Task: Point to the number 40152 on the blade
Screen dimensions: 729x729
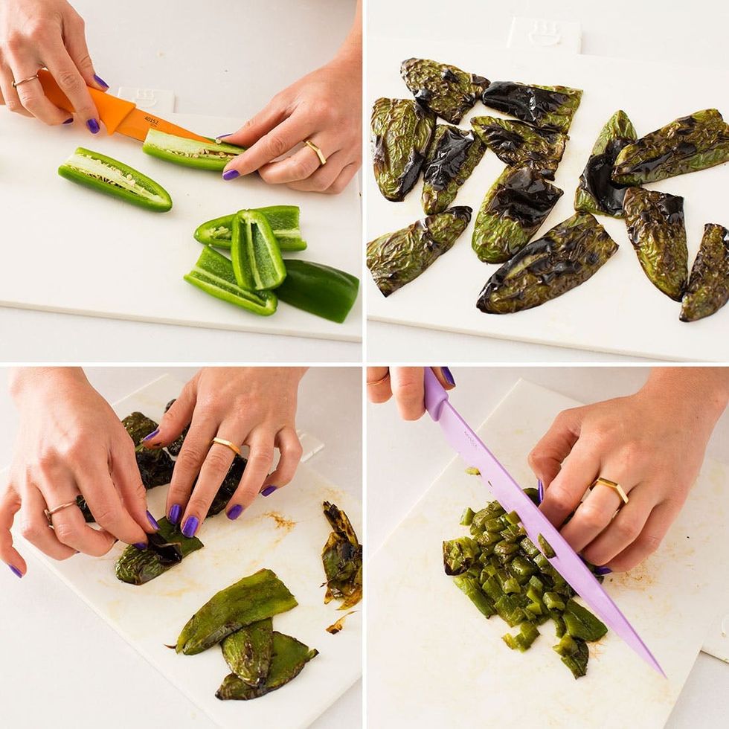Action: [x=151, y=120]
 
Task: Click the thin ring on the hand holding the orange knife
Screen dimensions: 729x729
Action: [x=25, y=80]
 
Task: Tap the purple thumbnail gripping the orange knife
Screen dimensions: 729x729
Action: [x=100, y=82]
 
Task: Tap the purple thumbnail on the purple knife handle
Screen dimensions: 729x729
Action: [x=448, y=376]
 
